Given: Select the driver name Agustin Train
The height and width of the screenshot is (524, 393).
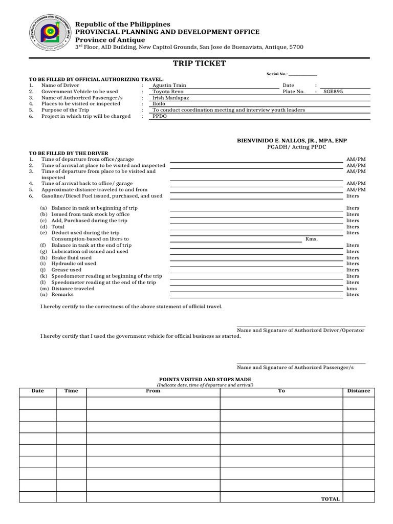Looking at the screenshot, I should pyautogui.click(x=169, y=85).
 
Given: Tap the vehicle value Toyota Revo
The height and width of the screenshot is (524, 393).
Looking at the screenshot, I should pyautogui.click(x=168, y=92).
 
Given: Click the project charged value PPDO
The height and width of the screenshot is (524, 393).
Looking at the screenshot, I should pyautogui.click(x=160, y=116).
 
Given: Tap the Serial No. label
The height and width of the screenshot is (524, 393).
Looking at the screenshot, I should pyautogui.click(x=277, y=74).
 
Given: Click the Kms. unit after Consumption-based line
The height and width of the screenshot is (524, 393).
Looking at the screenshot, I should pyautogui.click(x=311, y=239).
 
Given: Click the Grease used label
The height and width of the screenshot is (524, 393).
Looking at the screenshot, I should pyautogui.click(x=66, y=270).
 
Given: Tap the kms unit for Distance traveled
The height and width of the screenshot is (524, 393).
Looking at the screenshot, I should pyautogui.click(x=352, y=288).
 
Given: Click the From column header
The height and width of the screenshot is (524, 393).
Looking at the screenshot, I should pyautogui.click(x=153, y=390).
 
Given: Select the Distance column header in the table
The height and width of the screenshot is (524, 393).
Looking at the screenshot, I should pyautogui.click(x=358, y=390).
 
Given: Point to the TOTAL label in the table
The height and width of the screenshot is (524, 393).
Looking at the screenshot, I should pyautogui.click(x=330, y=499).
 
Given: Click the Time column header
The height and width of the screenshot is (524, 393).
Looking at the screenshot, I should pyautogui.click(x=71, y=390).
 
